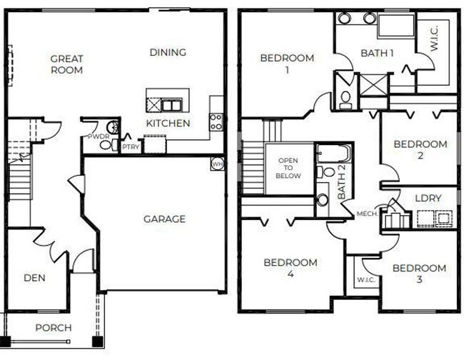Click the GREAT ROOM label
click(x=66, y=64)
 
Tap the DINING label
click(x=168, y=52)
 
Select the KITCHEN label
click(x=168, y=124)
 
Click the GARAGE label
click(x=164, y=219)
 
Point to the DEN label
click(x=34, y=278)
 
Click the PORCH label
click(x=53, y=328)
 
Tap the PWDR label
click(x=96, y=136)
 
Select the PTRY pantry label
click(x=131, y=147)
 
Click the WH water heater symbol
click(x=217, y=164)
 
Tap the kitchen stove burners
click(x=216, y=122)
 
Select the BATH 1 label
click(x=378, y=53)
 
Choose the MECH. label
click(x=368, y=214)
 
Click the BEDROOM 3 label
click(x=419, y=274)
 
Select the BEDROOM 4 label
click(x=290, y=268)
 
